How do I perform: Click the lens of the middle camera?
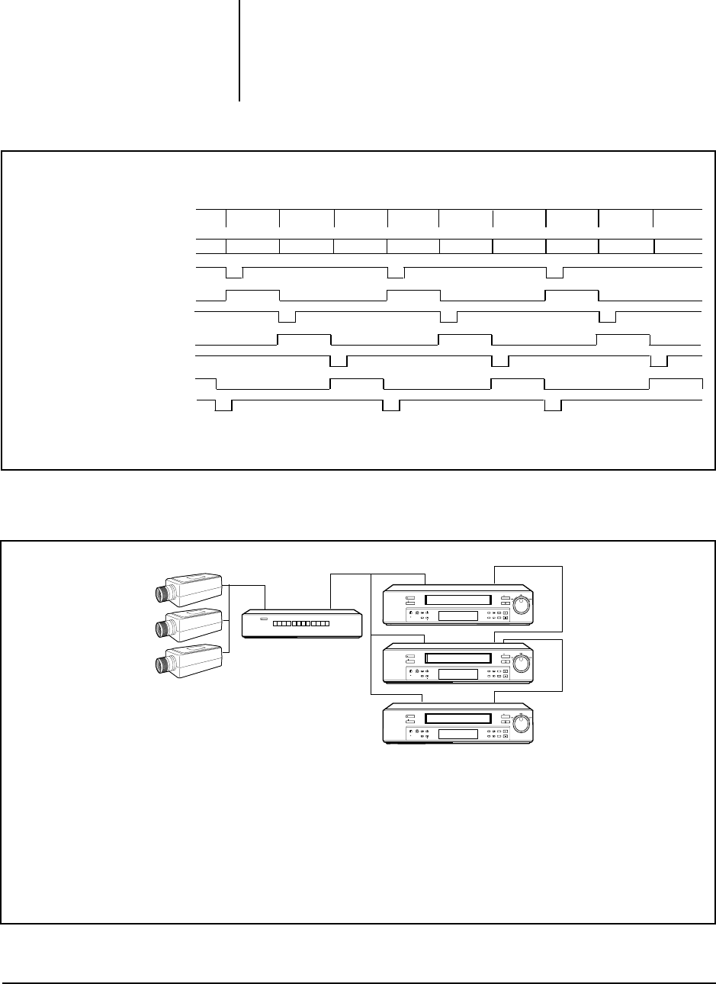click(162, 629)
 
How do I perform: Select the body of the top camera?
click(197, 587)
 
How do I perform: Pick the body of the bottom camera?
click(197, 661)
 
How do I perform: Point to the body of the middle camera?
click(197, 623)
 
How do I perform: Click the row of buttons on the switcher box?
click(300, 624)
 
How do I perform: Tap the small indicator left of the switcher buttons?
click(264, 620)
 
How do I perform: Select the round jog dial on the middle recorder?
click(522, 662)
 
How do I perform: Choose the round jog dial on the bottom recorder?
click(522, 722)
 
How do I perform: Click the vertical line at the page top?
click(239, 50)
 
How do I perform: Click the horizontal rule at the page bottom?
click(358, 983)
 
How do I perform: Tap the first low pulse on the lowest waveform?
click(223, 406)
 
